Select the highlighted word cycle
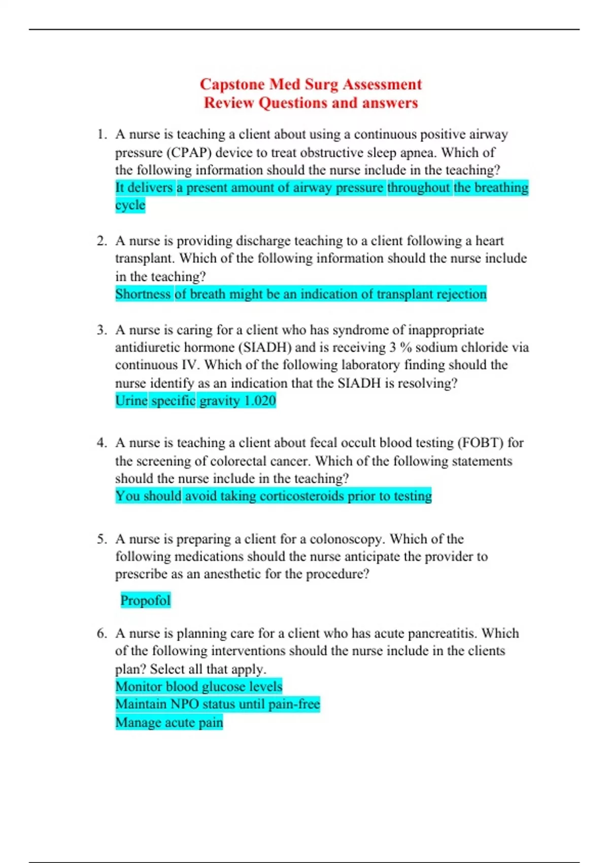pyautogui.click(x=130, y=205)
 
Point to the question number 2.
pyautogui.click(x=101, y=241)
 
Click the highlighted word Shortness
pyautogui.click(x=143, y=294)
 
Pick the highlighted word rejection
pyautogui.click(x=461, y=294)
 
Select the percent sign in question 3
pyautogui.click(x=405, y=347)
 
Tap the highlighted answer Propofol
pyautogui.click(x=145, y=601)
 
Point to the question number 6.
pyautogui.click(x=101, y=634)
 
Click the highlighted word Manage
pyautogui.click(x=133, y=722)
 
